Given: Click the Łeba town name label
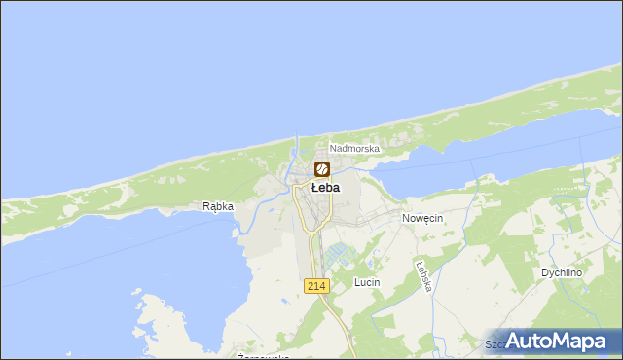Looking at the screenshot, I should [x=325, y=188].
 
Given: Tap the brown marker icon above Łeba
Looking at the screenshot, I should [x=322, y=169].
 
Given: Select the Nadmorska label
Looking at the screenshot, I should [x=354, y=149].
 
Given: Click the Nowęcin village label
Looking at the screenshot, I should [x=422, y=219].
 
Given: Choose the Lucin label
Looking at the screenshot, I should [x=367, y=282].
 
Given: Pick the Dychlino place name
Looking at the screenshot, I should [x=563, y=273].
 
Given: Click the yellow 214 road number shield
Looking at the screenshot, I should [x=315, y=285].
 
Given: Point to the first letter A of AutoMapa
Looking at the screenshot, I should [x=516, y=341].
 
